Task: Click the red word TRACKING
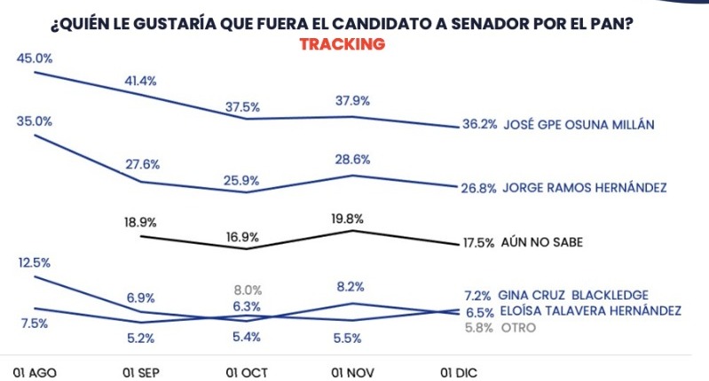[343, 43]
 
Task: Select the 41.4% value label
[140, 81]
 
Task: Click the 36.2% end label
[479, 125]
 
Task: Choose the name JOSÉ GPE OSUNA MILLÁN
[579, 125]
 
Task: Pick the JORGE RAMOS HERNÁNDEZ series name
[584, 188]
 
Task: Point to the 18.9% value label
[140, 222]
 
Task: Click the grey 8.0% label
[248, 290]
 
